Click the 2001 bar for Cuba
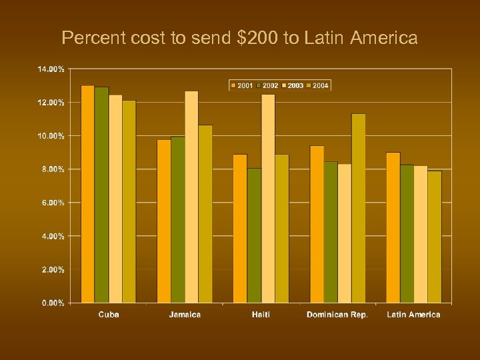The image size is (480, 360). pyautogui.click(x=87, y=194)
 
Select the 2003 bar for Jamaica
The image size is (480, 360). pyautogui.click(x=191, y=197)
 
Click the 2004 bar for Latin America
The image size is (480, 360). pyautogui.click(x=434, y=237)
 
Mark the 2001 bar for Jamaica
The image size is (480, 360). pyautogui.click(x=164, y=221)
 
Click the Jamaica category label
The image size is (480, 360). pyautogui.click(x=185, y=315)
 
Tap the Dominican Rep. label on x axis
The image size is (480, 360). pyautogui.click(x=337, y=315)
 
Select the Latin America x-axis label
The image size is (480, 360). pyautogui.click(x=413, y=315)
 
